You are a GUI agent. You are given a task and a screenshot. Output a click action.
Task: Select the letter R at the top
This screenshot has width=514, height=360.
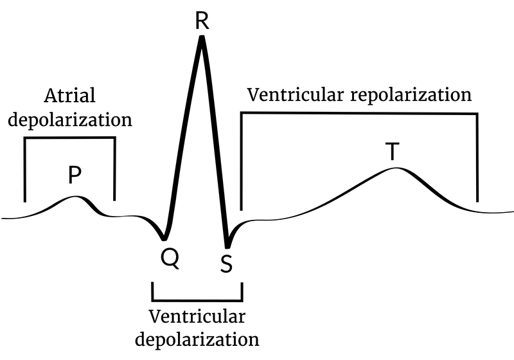pos(202,20)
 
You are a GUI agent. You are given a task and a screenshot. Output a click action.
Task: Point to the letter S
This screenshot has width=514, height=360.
pos(226,264)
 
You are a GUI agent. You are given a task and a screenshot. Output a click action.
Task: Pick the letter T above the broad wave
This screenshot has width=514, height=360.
pos(392,152)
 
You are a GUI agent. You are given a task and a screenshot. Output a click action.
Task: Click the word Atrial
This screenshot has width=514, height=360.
pos(69,96)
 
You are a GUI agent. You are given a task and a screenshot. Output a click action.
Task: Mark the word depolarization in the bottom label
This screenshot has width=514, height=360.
pos(196,339)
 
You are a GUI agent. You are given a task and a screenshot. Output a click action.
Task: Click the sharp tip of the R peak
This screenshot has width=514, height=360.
pos(202,38)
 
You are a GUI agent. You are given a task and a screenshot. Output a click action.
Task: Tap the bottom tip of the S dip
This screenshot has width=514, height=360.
pos(227,247)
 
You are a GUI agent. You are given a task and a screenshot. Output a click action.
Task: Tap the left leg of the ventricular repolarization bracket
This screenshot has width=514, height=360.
pos(242,161)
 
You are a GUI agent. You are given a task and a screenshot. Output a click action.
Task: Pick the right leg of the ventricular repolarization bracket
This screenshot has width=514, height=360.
pos(477,157)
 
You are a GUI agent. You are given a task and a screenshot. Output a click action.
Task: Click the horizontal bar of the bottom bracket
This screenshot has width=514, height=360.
pos(197,300)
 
